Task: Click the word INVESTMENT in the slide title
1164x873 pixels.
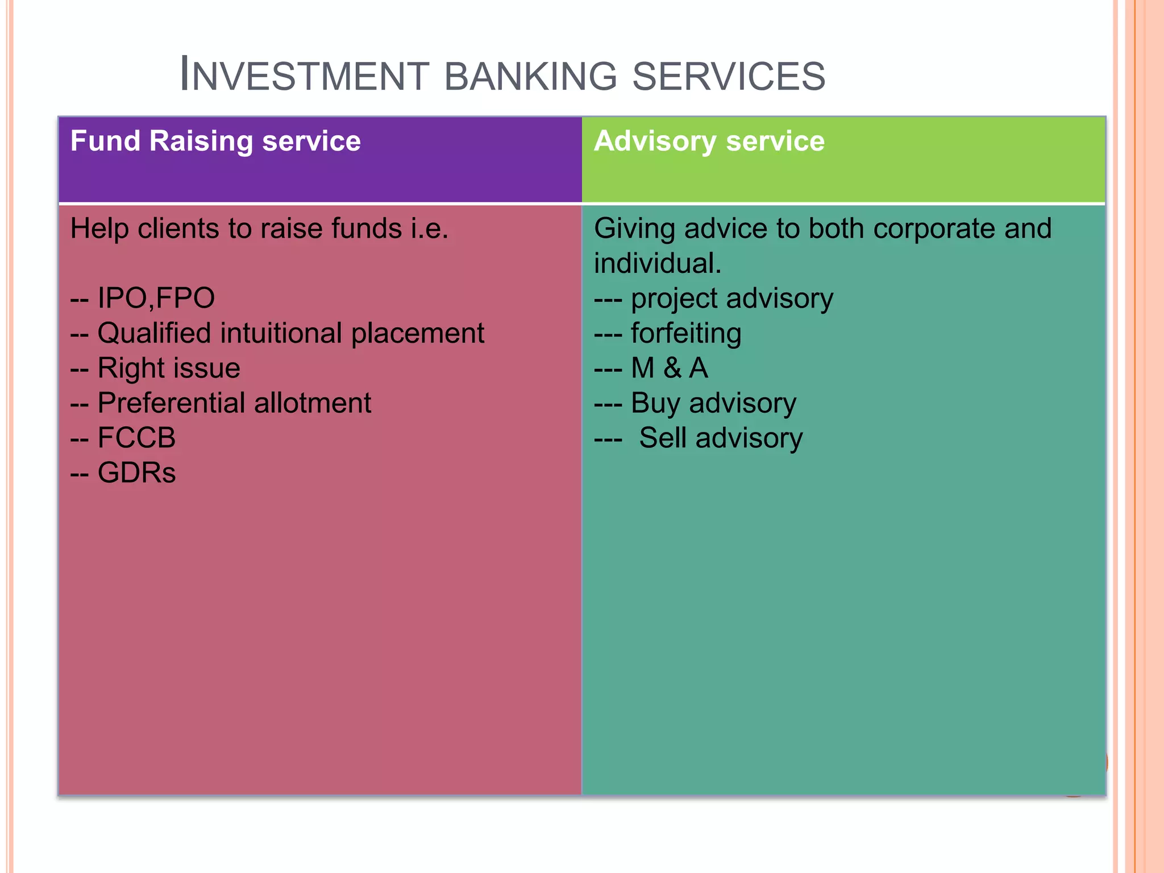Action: tap(304, 76)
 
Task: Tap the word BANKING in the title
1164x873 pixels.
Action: tap(530, 76)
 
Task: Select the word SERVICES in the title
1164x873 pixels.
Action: tap(729, 76)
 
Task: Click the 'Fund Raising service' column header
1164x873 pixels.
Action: tap(215, 141)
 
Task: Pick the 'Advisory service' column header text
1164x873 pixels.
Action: tap(709, 141)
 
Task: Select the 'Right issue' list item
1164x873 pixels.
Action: tap(169, 368)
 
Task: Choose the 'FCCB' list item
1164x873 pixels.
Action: tap(136, 438)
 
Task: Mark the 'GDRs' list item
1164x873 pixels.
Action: tap(136, 473)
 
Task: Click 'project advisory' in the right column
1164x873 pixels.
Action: tap(731, 298)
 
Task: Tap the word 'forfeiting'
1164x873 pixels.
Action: tap(686, 333)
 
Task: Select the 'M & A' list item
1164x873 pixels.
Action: tap(670, 368)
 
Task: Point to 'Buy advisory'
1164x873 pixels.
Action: tap(713, 403)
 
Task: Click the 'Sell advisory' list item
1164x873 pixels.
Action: tap(721, 438)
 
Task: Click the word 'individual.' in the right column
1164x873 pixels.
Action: tap(658, 263)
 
